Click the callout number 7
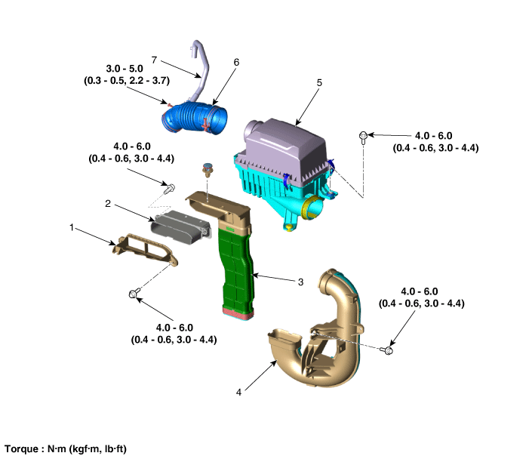tap(154, 60)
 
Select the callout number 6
tap(236, 62)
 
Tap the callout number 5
tap(319, 83)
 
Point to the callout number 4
tap(238, 393)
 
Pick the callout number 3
tap(300, 282)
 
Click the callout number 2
tap(108, 204)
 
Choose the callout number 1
tap(72, 227)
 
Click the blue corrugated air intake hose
tap(194, 118)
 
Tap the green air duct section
tap(236, 270)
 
